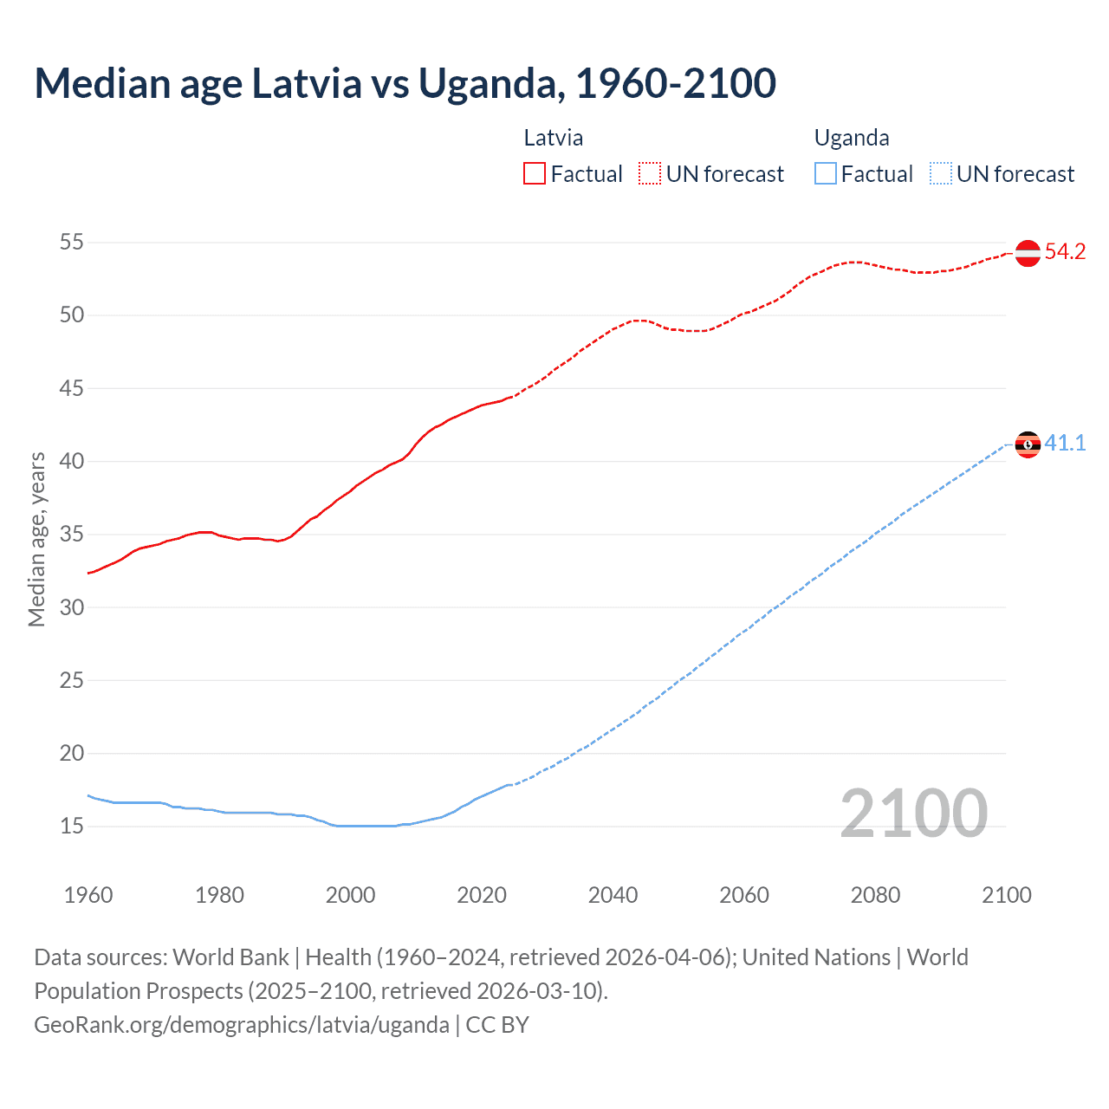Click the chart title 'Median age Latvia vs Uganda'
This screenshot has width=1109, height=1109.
405,83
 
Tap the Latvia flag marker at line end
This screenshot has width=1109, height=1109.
1028,253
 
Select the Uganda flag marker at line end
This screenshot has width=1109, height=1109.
1028,444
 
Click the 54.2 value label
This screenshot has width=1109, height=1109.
1065,252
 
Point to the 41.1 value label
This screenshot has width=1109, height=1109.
1065,444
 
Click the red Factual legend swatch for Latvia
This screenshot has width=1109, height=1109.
535,174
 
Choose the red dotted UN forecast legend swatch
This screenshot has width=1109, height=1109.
650,174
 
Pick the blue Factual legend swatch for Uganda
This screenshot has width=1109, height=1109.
826,174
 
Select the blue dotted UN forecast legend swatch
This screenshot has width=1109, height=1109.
940,174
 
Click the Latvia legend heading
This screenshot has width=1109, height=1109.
553,138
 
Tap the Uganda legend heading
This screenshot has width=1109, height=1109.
852,138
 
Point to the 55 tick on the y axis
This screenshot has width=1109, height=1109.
72,243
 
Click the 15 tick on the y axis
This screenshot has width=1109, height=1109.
72,827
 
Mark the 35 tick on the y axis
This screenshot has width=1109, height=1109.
72,535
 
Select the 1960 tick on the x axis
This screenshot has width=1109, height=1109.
88,895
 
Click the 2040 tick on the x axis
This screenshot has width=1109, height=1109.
613,895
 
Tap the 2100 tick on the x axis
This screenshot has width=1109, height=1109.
1006,895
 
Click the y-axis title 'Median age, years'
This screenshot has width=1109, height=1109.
36,539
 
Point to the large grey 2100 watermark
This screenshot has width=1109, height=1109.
913,814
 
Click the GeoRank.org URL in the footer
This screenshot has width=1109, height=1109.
242,1025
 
